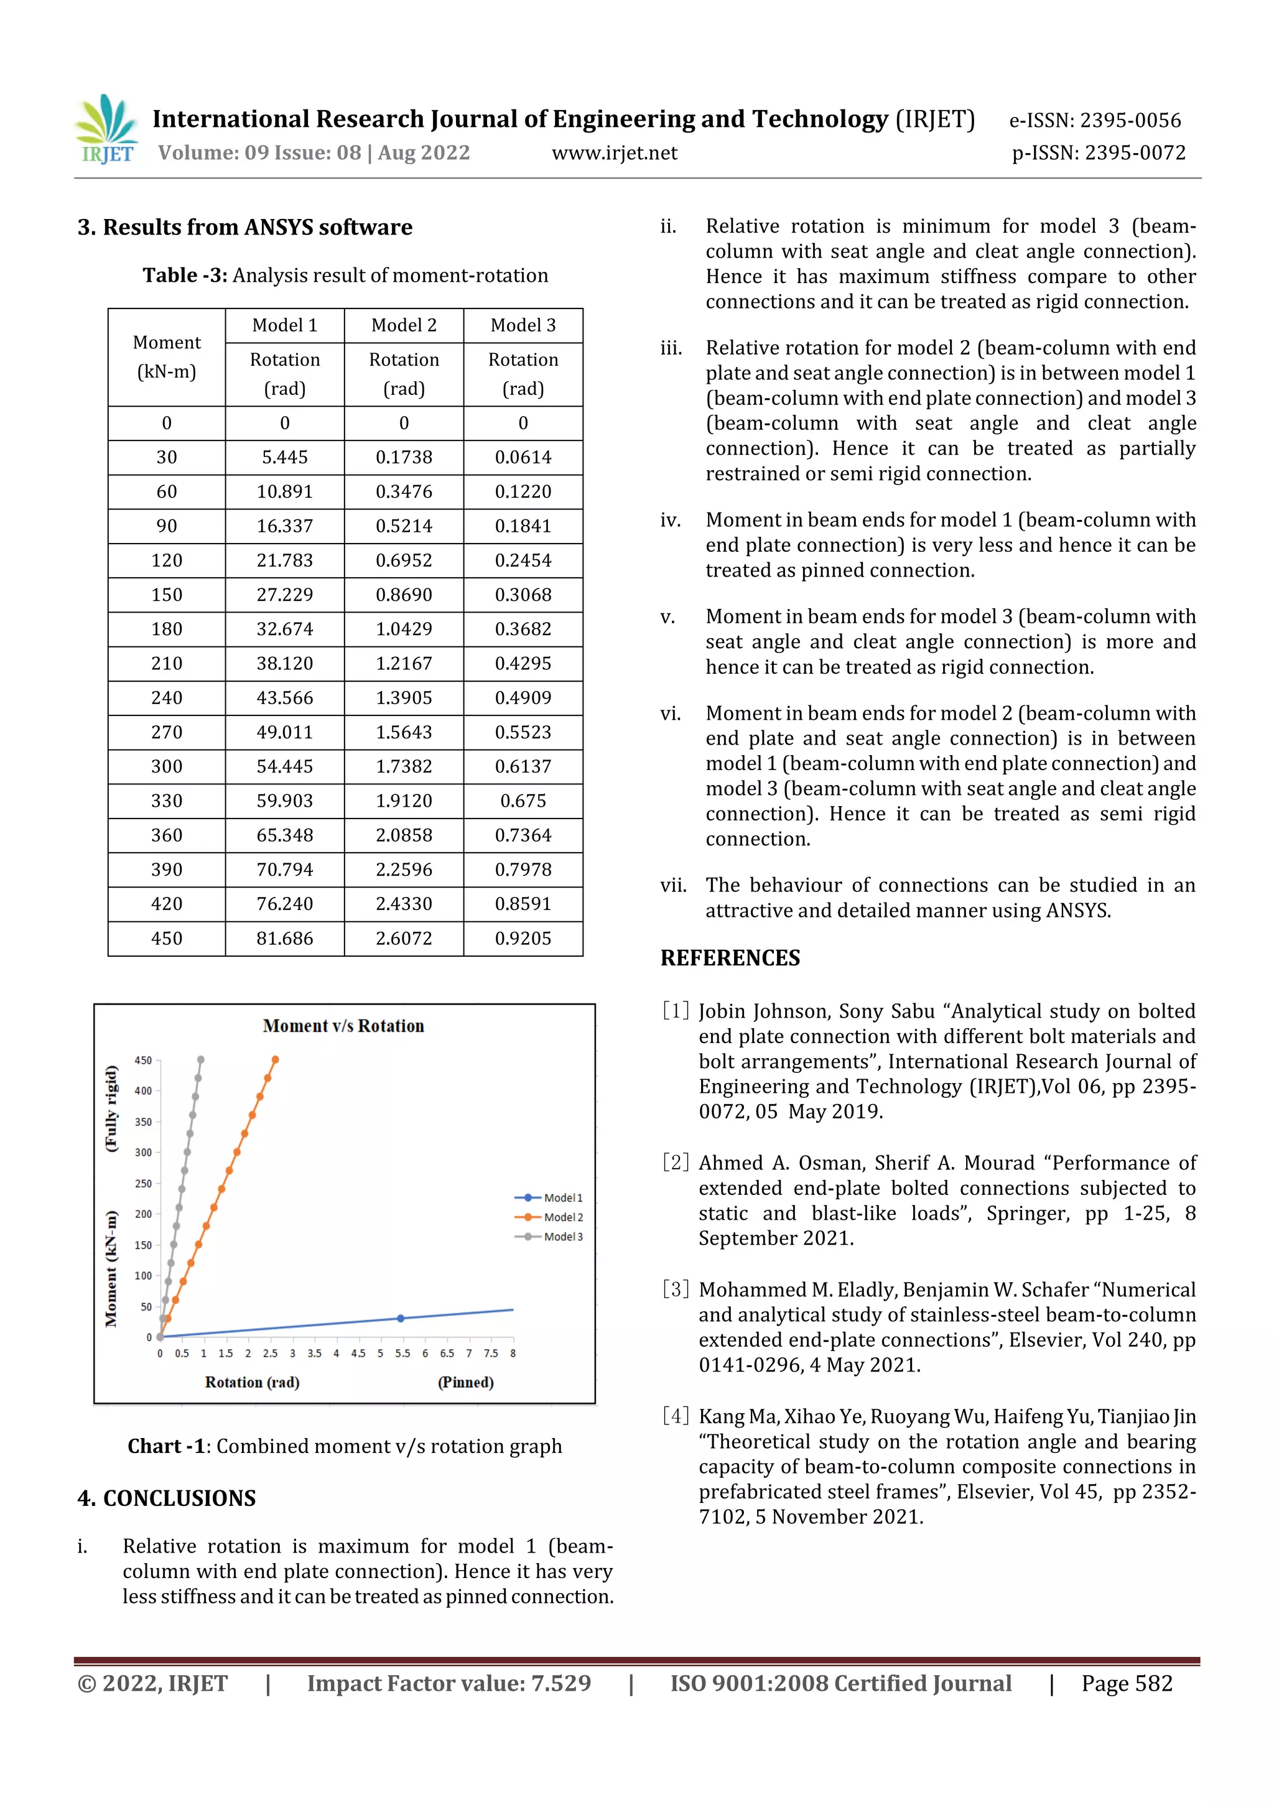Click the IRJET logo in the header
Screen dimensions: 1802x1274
[107, 129]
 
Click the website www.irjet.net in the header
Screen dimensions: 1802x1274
[614, 153]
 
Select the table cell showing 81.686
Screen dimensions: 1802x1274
[284, 938]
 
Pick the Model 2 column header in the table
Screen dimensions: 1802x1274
[404, 325]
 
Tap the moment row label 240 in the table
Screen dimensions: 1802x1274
[167, 698]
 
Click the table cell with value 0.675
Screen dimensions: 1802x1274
[523, 801]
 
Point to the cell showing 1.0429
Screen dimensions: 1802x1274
[404, 629]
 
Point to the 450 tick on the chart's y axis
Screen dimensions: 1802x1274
[143, 1061]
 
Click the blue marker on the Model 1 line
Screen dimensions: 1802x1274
[401, 1319]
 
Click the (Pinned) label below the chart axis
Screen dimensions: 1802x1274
[465, 1382]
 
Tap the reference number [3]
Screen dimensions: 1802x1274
[675, 1289]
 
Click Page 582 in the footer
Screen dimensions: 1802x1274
[1127, 1683]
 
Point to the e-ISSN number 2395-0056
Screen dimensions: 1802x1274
[1130, 120]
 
